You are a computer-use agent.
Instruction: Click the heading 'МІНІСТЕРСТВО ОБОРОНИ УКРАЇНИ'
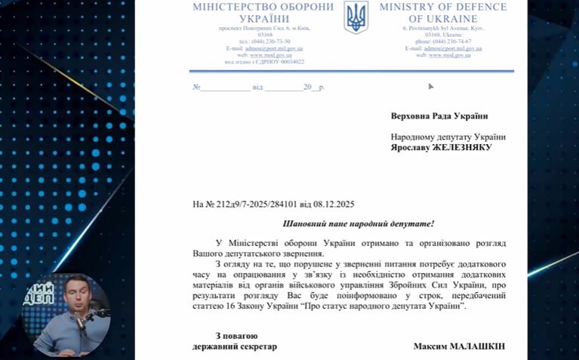tap(263, 12)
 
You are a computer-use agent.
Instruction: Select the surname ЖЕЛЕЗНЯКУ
tap(462, 148)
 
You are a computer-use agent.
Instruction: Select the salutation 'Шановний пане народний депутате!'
tap(359, 224)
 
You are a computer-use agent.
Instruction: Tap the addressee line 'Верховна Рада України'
tap(439, 116)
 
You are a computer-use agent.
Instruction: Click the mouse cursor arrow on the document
tap(430, 86)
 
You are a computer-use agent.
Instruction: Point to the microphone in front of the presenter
tap(80, 320)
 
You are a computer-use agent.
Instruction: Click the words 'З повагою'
tap(236, 336)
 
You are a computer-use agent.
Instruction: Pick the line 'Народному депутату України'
tap(448, 137)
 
